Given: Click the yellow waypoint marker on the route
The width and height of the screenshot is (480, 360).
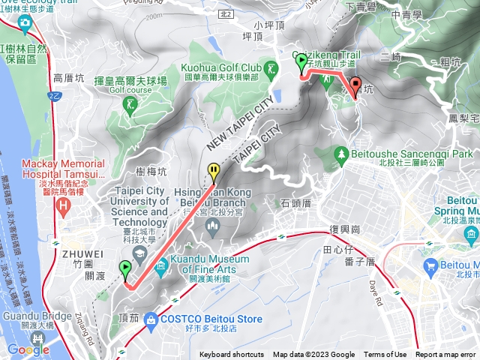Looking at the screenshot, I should (x=214, y=172).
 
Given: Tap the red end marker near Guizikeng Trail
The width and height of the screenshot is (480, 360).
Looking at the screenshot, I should (x=355, y=85).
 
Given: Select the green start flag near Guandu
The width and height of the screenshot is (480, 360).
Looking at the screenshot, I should (x=124, y=268).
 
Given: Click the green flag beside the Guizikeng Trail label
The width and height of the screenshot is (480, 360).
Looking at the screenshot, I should (x=301, y=62).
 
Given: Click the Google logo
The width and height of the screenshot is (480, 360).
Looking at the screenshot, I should (x=28, y=349).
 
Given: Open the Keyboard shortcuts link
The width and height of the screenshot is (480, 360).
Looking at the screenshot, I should (x=232, y=355).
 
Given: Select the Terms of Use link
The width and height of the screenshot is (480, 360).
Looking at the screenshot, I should (x=385, y=355).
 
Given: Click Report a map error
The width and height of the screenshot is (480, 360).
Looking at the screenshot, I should (x=446, y=355).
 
